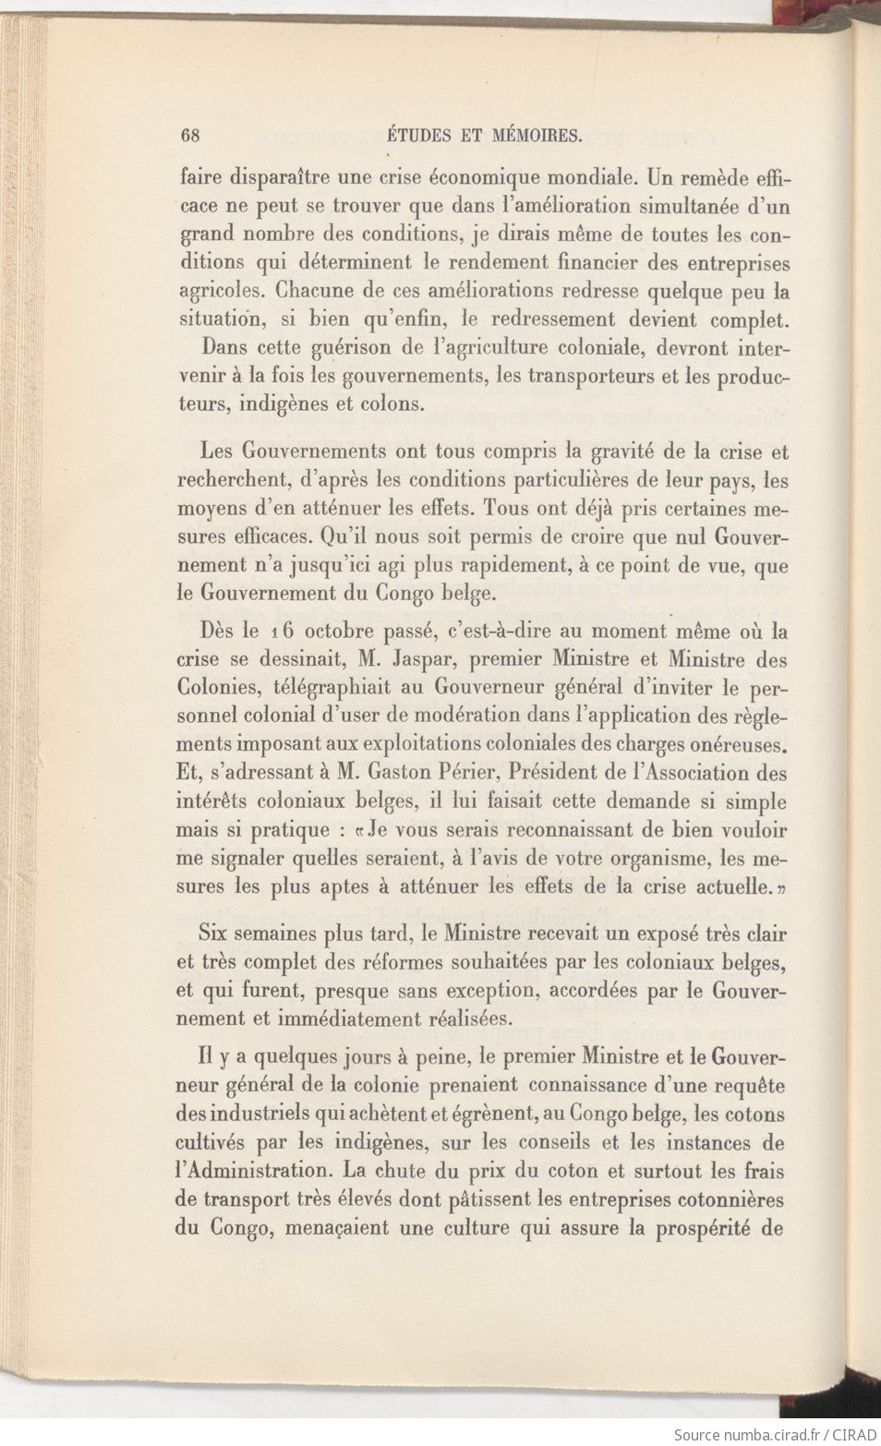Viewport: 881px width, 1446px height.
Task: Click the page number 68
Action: (x=192, y=135)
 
